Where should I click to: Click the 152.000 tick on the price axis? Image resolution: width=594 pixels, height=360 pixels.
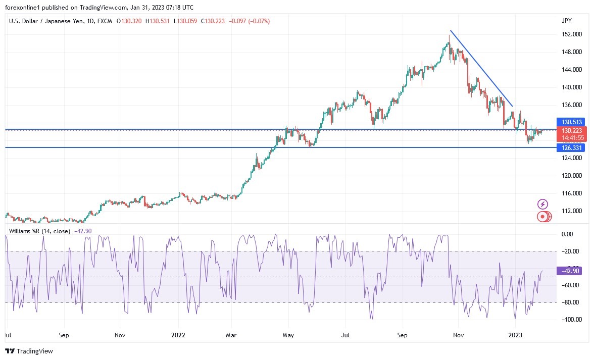[x=570, y=34]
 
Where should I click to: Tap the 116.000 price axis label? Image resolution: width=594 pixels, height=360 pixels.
[x=570, y=193]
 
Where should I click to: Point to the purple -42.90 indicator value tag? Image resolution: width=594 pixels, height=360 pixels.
[x=569, y=271]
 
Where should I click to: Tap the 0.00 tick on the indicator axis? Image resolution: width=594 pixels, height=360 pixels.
[x=568, y=234]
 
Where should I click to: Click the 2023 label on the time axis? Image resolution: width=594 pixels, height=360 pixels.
[x=515, y=335]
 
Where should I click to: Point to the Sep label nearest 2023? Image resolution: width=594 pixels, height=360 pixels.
[x=402, y=335]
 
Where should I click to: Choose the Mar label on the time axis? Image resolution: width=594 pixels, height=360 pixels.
[x=231, y=335]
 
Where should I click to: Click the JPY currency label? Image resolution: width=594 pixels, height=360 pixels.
[x=566, y=21]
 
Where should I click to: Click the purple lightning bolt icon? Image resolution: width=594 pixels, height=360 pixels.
[x=542, y=204]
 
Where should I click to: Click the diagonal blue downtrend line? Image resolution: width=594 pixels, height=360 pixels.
[x=481, y=69]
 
